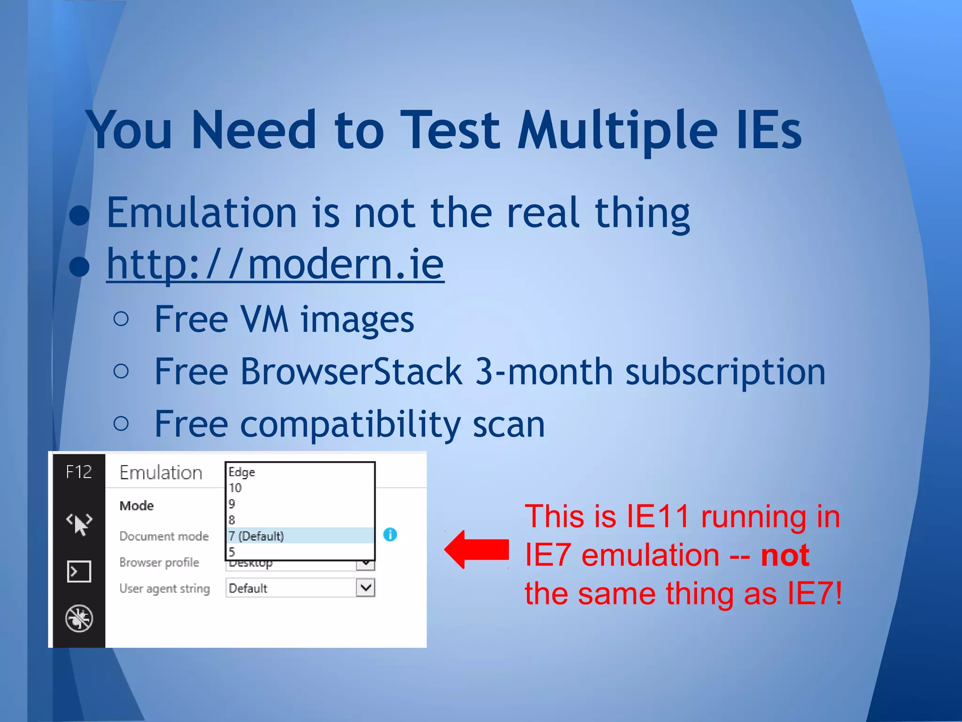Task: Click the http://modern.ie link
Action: (275, 264)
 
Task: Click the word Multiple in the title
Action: (617, 131)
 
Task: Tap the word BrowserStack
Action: (351, 372)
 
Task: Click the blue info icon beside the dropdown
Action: (390, 534)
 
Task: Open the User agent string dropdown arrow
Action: (365, 588)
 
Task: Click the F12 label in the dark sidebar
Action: (78, 472)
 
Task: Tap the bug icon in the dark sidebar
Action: (79, 618)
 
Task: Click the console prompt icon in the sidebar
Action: (79, 572)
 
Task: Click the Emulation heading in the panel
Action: (161, 473)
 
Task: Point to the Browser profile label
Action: (159, 562)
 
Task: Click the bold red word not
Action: (784, 555)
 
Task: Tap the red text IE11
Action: (658, 517)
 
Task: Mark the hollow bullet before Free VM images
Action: (121, 319)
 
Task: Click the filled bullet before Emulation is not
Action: (79, 215)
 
